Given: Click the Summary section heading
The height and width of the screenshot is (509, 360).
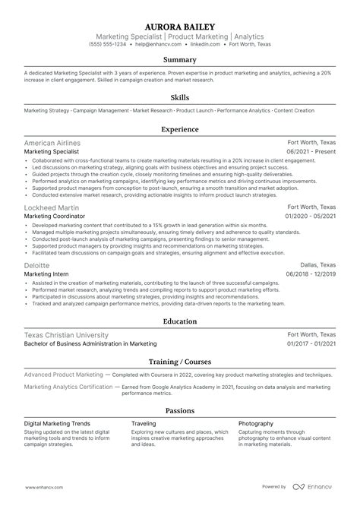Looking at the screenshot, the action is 180,59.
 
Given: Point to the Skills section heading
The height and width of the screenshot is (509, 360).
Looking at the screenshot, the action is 180,97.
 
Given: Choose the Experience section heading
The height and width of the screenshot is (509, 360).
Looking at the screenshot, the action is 180,129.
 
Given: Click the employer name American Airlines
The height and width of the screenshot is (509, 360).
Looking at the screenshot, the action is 52,143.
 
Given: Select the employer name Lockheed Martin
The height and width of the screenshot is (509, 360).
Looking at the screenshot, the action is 50,207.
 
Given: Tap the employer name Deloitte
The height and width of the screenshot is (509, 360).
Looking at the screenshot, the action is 37,264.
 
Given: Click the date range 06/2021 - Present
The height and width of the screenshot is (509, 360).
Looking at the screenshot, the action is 311,151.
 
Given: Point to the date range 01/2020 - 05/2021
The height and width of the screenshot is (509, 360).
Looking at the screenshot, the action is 311,216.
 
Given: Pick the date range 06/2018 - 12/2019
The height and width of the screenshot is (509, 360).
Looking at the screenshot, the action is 311,273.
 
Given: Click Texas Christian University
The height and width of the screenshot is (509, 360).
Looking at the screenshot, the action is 66,335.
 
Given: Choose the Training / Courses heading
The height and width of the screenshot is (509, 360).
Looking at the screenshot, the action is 180,362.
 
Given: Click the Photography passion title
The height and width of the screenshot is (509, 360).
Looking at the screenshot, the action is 256,423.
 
